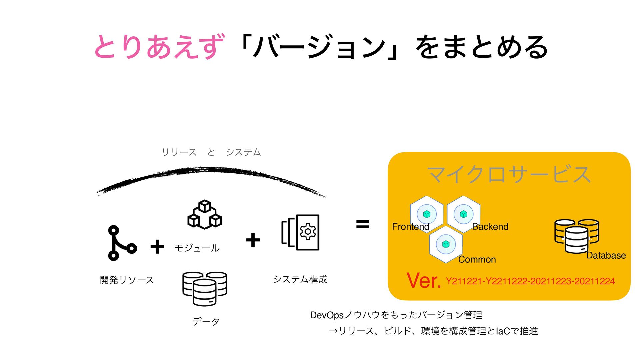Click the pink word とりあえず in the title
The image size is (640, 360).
pyautogui.click(x=159, y=47)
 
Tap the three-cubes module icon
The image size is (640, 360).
pyautogui.click(x=205, y=215)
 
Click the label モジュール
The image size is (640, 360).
pyautogui.click(x=197, y=248)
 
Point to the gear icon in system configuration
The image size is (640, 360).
pyautogui.click(x=308, y=232)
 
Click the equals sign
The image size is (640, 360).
pyautogui.click(x=363, y=224)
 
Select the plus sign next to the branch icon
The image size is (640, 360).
pyautogui.click(x=157, y=247)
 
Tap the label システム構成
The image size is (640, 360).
pyautogui.click(x=300, y=279)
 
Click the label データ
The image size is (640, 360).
pyautogui.click(x=206, y=322)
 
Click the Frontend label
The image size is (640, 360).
pyautogui.click(x=410, y=227)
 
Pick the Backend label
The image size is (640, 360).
pyautogui.click(x=490, y=227)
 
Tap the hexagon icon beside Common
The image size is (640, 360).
pyautogui.click(x=446, y=244)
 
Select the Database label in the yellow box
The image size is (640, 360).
pyautogui.click(x=606, y=256)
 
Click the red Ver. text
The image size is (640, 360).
pyautogui.click(x=424, y=281)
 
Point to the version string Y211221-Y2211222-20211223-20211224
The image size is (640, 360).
pyautogui.click(x=530, y=281)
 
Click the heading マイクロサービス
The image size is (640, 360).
pyautogui.click(x=509, y=174)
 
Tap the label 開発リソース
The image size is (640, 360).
pyautogui.click(x=127, y=280)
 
